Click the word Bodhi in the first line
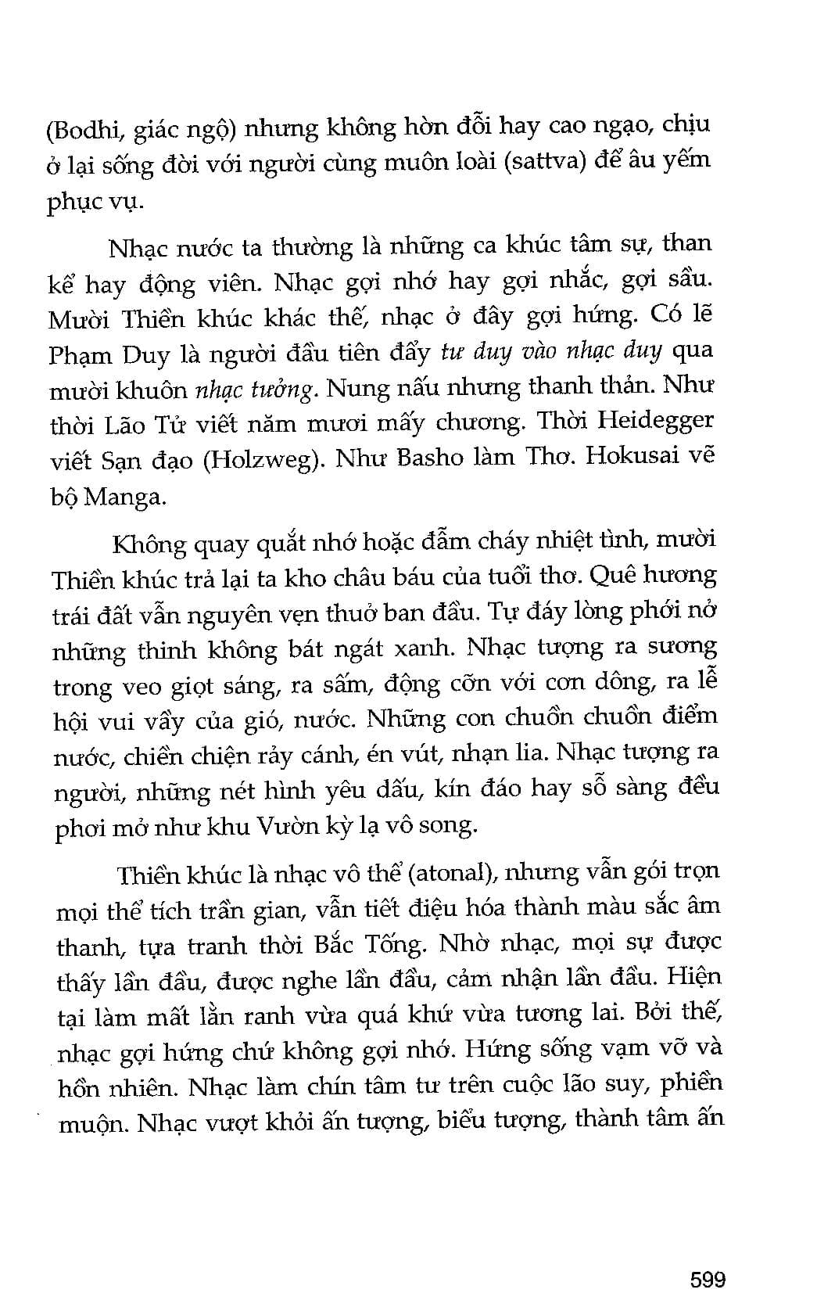coord(84,130)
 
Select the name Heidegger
coord(655,420)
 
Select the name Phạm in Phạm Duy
coord(81,355)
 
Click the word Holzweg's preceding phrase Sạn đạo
coord(147,460)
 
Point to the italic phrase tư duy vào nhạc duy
coord(551,351)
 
